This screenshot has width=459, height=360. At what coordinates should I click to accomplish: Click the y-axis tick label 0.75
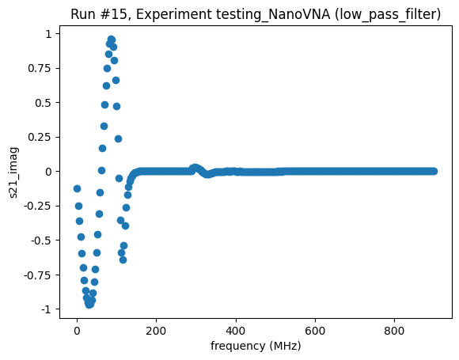point(41,68)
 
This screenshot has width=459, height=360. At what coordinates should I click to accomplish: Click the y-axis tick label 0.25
point(41,137)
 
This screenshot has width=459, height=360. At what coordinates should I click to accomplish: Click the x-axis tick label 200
point(157,331)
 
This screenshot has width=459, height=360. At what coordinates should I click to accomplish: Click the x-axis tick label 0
point(77,331)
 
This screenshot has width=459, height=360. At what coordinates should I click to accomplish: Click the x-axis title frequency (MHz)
point(256,346)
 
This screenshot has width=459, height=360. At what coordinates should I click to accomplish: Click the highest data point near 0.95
point(111,40)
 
